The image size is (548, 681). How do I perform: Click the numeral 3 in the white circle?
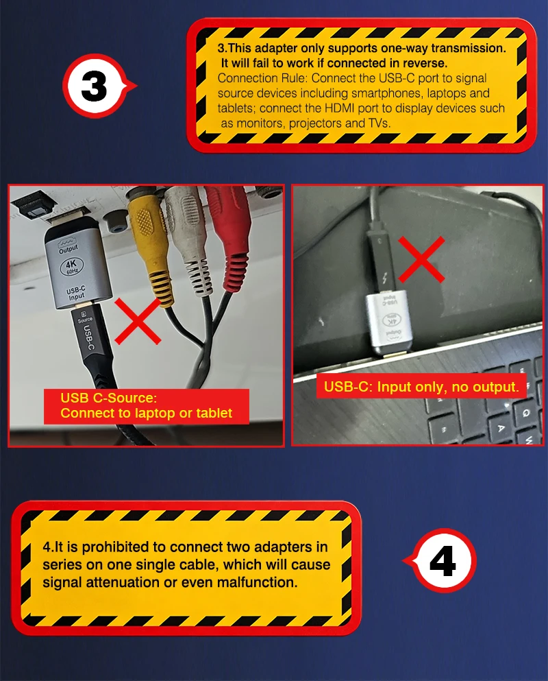tap(94, 86)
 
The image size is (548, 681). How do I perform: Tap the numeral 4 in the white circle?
tap(443, 561)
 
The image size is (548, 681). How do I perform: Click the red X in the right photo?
tap(421, 259)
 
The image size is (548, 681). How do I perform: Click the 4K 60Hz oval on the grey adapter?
tap(71, 266)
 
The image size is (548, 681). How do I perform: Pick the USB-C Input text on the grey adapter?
tap(76, 293)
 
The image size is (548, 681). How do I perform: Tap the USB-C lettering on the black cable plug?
tap(88, 337)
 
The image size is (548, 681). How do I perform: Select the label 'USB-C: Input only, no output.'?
tap(421, 386)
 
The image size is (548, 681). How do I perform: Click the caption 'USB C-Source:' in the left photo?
tap(109, 398)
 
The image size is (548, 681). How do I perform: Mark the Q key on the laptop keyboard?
tap(525, 413)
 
